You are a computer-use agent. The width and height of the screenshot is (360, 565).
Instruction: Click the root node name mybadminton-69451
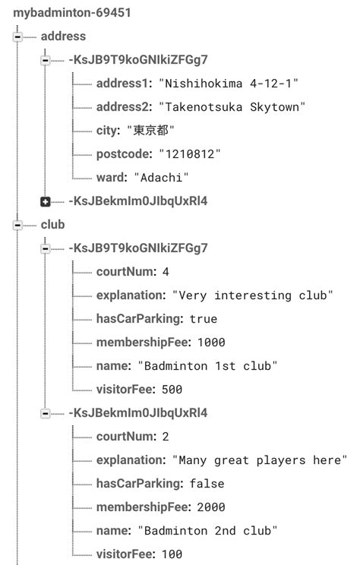(x=65, y=13)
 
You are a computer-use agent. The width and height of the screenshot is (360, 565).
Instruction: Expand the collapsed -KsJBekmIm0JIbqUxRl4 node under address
(x=46, y=201)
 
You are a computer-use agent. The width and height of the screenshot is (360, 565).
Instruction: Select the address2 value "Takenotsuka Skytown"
(x=229, y=106)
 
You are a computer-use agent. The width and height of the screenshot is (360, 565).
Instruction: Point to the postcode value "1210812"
(x=190, y=153)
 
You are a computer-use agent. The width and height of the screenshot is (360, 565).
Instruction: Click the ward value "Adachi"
(x=161, y=177)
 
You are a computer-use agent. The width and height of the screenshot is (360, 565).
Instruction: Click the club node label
(x=53, y=225)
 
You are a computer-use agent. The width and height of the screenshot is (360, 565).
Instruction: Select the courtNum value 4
(x=166, y=272)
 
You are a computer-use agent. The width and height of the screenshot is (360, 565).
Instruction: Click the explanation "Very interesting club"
(x=253, y=295)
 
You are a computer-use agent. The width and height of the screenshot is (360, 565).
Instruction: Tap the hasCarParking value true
(x=203, y=319)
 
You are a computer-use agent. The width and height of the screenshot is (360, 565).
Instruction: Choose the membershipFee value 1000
(x=210, y=342)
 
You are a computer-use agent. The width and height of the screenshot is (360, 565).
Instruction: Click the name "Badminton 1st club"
(x=207, y=366)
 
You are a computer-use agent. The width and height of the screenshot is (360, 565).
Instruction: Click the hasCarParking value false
(x=206, y=484)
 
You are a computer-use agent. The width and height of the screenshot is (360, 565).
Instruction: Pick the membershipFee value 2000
(x=210, y=507)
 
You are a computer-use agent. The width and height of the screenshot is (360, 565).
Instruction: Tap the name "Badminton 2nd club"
(x=207, y=531)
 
